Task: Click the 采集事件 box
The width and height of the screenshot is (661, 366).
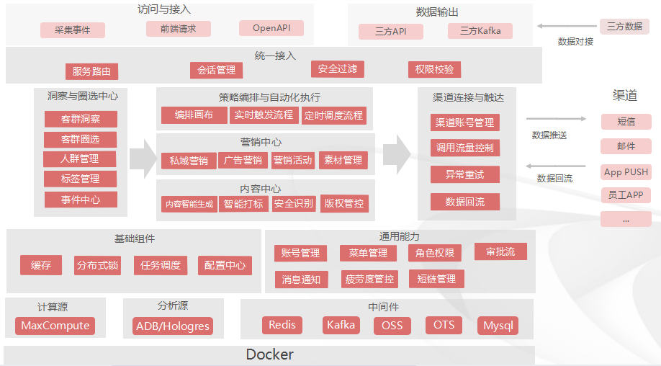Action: coord(73,30)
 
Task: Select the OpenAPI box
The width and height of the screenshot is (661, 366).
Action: coord(271,28)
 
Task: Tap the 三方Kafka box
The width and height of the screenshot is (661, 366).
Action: coord(480,31)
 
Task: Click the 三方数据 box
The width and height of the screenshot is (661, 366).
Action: coord(624,27)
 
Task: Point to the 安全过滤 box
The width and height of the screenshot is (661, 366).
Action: coord(338,69)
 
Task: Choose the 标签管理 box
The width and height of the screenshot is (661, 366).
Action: coord(81,179)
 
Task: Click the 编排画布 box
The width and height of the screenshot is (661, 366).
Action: coord(193,115)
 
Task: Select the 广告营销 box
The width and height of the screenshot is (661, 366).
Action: coord(243,160)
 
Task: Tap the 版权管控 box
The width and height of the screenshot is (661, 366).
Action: coord(344,204)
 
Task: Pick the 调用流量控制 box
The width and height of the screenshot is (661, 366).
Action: coord(465,148)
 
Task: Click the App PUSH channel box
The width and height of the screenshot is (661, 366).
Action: coord(626,172)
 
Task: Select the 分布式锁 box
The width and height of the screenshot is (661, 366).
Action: coord(97,265)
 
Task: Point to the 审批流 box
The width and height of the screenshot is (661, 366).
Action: coord(500,251)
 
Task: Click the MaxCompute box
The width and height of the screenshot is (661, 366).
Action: coord(55,326)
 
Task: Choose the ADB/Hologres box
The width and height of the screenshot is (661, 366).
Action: coord(173,326)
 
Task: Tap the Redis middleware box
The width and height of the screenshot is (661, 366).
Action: coord(282,325)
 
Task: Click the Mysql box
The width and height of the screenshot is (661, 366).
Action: coord(498,326)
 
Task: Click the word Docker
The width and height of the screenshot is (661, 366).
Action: coord(270,354)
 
